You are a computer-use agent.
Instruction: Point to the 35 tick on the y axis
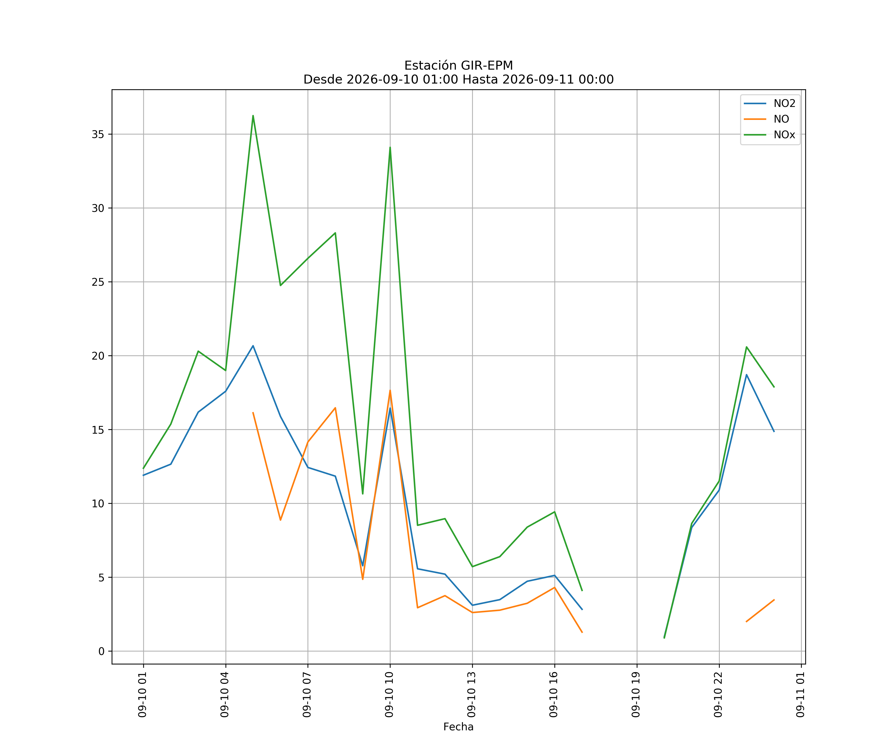98,134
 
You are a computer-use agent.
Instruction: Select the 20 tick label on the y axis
98,356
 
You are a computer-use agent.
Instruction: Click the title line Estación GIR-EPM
459,66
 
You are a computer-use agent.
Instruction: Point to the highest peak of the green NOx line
253,116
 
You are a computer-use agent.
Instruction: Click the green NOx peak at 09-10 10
390,147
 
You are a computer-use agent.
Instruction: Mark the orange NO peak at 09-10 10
390,390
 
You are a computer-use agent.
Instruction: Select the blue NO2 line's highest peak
253,346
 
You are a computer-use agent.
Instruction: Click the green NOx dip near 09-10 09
363,494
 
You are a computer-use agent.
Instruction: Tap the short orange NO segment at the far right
760,611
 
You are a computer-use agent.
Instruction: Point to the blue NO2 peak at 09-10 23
747,375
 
